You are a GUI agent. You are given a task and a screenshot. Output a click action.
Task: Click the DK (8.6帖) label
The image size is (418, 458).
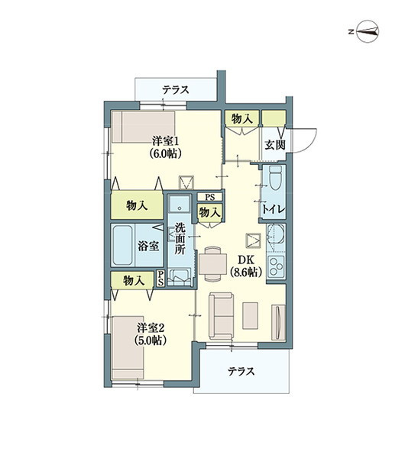click(x=246, y=266)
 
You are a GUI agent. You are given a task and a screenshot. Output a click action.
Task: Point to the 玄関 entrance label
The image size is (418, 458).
click(x=275, y=144)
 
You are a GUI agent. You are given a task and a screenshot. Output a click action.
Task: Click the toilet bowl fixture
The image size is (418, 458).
click(x=275, y=178)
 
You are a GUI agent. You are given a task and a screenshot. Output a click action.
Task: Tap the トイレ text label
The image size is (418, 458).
click(x=273, y=209)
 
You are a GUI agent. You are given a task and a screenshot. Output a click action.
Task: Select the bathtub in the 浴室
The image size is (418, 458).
click(x=122, y=245)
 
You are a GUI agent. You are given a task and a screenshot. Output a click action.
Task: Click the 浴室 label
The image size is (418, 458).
click(x=148, y=246)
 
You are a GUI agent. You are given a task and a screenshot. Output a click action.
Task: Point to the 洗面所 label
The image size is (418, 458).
click(x=180, y=238)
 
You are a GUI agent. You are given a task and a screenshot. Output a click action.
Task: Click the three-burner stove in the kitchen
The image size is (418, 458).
click(x=276, y=266)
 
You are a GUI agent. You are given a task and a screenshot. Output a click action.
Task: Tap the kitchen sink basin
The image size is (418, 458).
click(x=276, y=237)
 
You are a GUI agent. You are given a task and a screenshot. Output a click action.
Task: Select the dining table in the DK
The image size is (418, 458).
click(x=212, y=264)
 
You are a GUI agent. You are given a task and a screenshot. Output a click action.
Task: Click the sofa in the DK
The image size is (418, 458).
click(x=221, y=316)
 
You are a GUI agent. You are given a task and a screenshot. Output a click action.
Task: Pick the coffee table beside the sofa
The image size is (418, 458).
click(x=250, y=315)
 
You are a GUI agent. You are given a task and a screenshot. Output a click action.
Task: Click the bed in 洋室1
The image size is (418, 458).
click(x=144, y=127)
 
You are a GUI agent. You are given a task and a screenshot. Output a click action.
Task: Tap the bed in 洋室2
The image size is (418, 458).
click(x=128, y=348)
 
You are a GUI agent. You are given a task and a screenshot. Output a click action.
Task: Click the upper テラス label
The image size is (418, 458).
click(x=176, y=89)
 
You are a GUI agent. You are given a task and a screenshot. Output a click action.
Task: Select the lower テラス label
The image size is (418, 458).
click(x=241, y=372)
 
